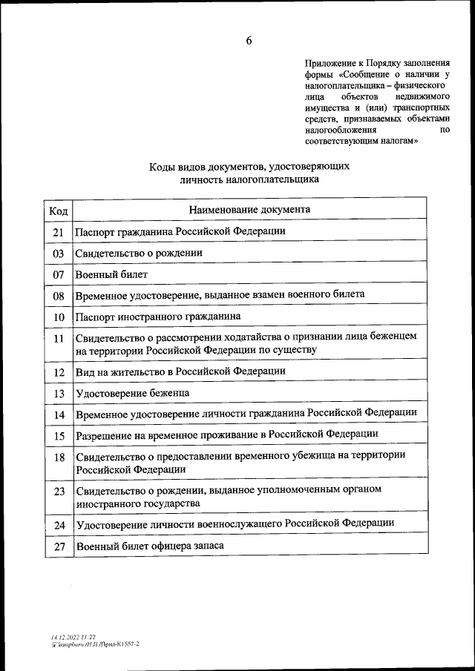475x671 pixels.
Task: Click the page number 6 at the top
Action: coord(249,41)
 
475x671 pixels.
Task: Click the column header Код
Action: coord(59,210)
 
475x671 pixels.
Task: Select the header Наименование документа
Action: coord(249,209)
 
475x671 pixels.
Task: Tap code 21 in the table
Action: coord(59,232)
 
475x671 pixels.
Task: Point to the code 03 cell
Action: coord(59,254)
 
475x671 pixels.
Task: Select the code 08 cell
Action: coord(59,296)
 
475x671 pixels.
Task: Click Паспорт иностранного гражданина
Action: coord(158,317)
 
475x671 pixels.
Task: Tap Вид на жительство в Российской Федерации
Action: coord(180,371)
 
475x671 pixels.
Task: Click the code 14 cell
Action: coord(59,414)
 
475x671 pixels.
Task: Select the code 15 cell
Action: coord(59,435)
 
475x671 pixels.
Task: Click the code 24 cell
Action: coord(59,525)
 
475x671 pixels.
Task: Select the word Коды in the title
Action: coord(163,167)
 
